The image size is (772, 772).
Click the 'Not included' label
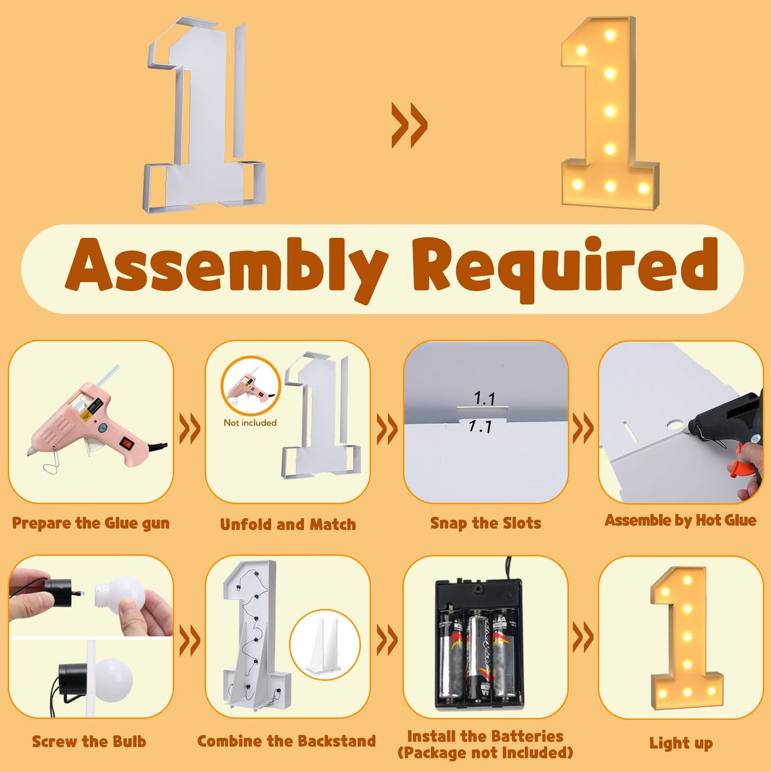pyautogui.click(x=250, y=422)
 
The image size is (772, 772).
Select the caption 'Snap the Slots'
pyautogui.click(x=486, y=523)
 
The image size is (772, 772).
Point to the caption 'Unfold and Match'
pyautogui.click(x=288, y=524)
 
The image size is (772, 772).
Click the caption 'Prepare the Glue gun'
pyautogui.click(x=91, y=523)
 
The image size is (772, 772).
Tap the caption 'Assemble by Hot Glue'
pyautogui.click(x=681, y=520)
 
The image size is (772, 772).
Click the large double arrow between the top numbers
pyautogui.click(x=409, y=125)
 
